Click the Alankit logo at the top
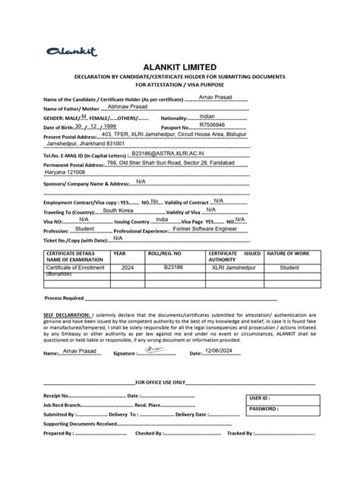[x=73, y=52]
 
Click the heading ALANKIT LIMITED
[x=180, y=67]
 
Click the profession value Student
[x=84, y=228]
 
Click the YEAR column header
[x=120, y=253]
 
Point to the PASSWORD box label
[x=264, y=409]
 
